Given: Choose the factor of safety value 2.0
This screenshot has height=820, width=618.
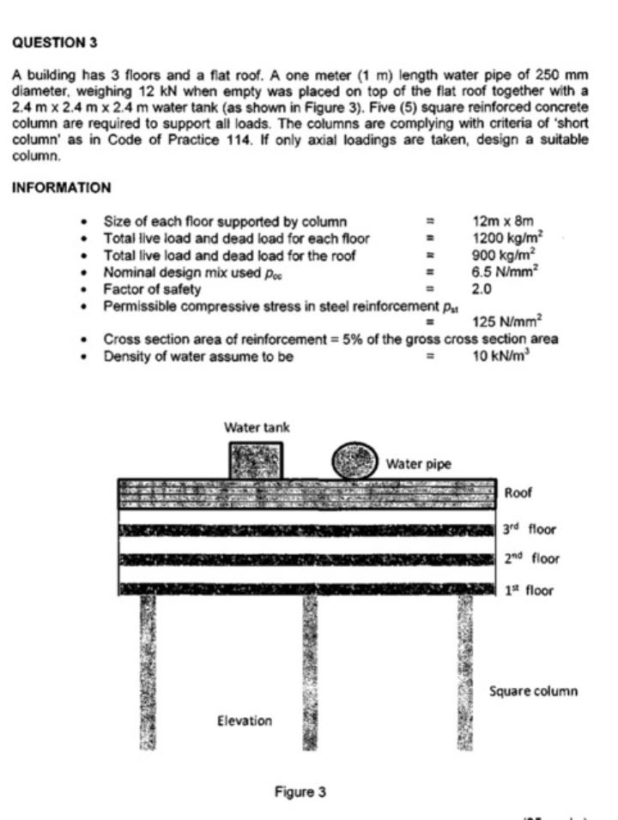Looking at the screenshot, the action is (x=482, y=288).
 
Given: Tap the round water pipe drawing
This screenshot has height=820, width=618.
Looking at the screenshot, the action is (x=354, y=461).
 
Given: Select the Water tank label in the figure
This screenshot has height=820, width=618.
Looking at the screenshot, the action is (x=257, y=426).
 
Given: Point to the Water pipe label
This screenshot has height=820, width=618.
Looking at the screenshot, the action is (x=418, y=464).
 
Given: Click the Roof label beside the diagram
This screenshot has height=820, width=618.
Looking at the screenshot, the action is (x=518, y=493).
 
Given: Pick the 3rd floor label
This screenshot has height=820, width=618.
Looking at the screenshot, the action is (x=530, y=529).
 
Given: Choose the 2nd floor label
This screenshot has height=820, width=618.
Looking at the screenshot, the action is (x=531, y=559).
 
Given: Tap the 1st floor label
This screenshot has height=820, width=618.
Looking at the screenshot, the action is (x=528, y=590).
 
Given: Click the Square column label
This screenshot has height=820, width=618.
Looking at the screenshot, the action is (x=532, y=690).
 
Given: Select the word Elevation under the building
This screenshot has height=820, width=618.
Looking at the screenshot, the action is (x=244, y=721).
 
